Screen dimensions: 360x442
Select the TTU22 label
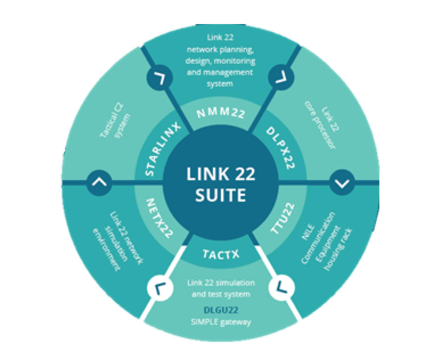(283, 218)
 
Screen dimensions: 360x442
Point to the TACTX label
(221, 254)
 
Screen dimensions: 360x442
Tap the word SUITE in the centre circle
(221, 195)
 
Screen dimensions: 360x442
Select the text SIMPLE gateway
(221, 322)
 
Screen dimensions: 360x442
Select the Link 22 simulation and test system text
(221, 288)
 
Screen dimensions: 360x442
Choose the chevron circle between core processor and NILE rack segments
(342, 183)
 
